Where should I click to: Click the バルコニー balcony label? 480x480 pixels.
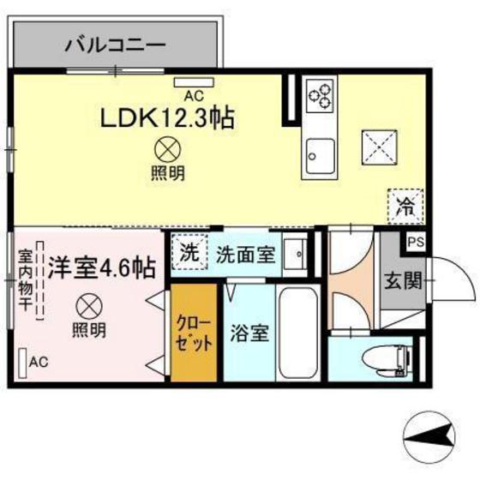click(115, 44)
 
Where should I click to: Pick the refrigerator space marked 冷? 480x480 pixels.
click(403, 206)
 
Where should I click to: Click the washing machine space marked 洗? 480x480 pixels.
click(190, 253)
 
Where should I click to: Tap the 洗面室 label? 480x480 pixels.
click(244, 254)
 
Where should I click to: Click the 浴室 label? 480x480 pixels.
click(249, 333)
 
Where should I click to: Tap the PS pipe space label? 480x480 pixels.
click(415, 243)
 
